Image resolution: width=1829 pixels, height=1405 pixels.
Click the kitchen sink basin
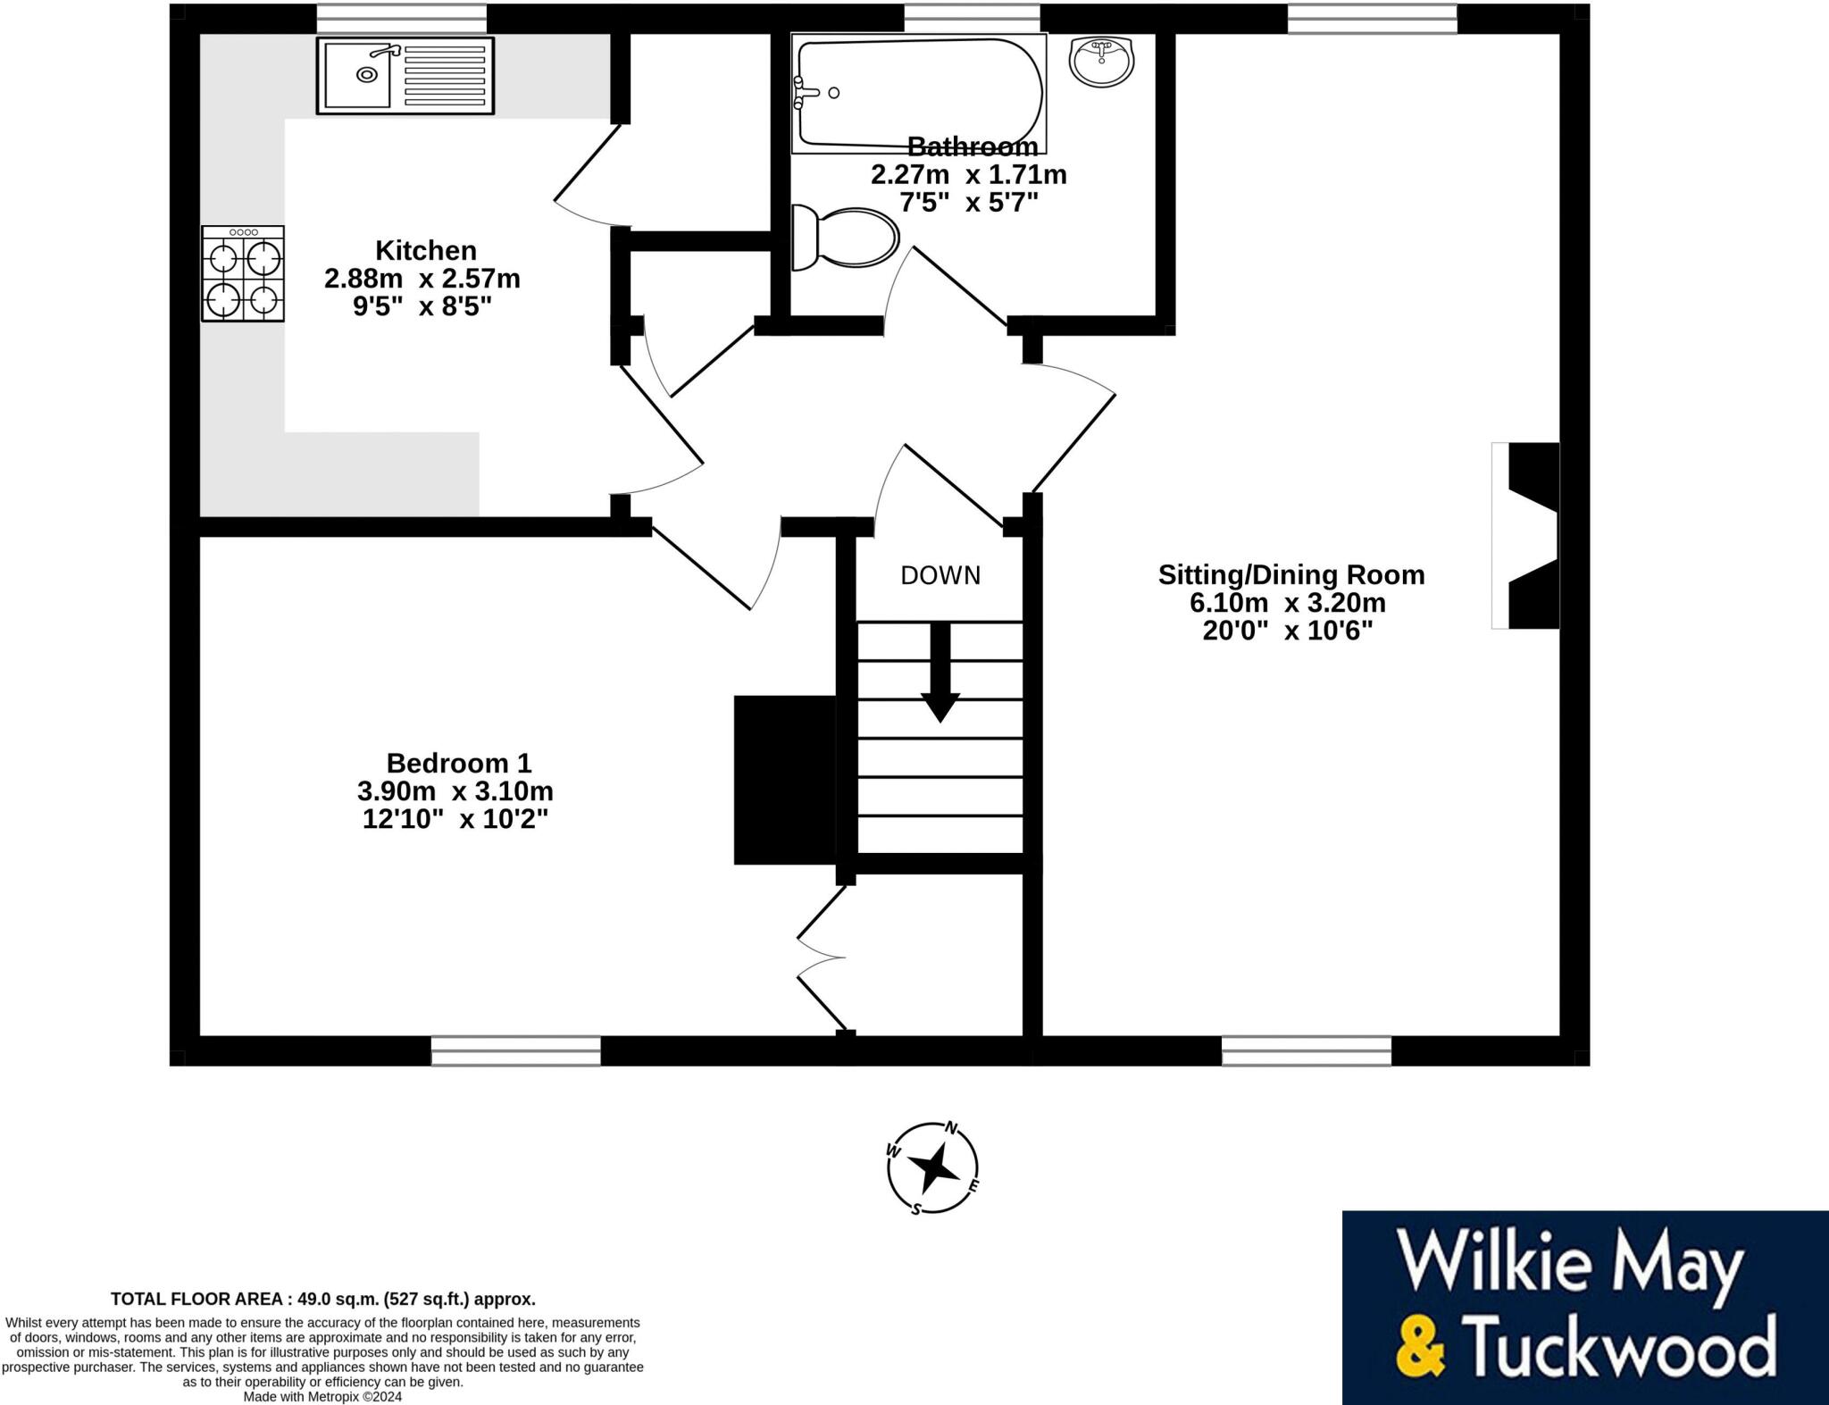[x=357, y=75]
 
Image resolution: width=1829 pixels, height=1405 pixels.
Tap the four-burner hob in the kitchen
[x=242, y=273]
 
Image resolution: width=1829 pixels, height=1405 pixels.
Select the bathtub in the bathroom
[x=919, y=92]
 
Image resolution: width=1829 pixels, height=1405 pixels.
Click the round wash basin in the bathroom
[x=1101, y=62]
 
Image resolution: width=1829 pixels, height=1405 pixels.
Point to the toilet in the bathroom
[x=845, y=238]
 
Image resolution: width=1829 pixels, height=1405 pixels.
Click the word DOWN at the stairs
[x=940, y=576]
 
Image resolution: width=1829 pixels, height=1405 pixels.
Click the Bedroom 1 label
[x=458, y=763]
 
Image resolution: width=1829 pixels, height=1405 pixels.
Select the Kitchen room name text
[x=425, y=250]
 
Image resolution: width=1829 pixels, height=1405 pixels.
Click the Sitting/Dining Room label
[x=1290, y=574]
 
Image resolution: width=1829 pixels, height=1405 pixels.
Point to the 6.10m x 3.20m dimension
[x=1287, y=603]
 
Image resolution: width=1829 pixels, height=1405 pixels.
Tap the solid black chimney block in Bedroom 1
[x=784, y=780]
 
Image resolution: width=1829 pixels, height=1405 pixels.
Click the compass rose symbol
[x=932, y=1167]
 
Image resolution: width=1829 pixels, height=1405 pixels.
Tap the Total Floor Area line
[x=322, y=1299]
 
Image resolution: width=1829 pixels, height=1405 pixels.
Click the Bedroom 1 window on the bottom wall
[x=515, y=1050]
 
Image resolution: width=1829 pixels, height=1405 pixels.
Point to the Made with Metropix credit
[x=322, y=1396]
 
